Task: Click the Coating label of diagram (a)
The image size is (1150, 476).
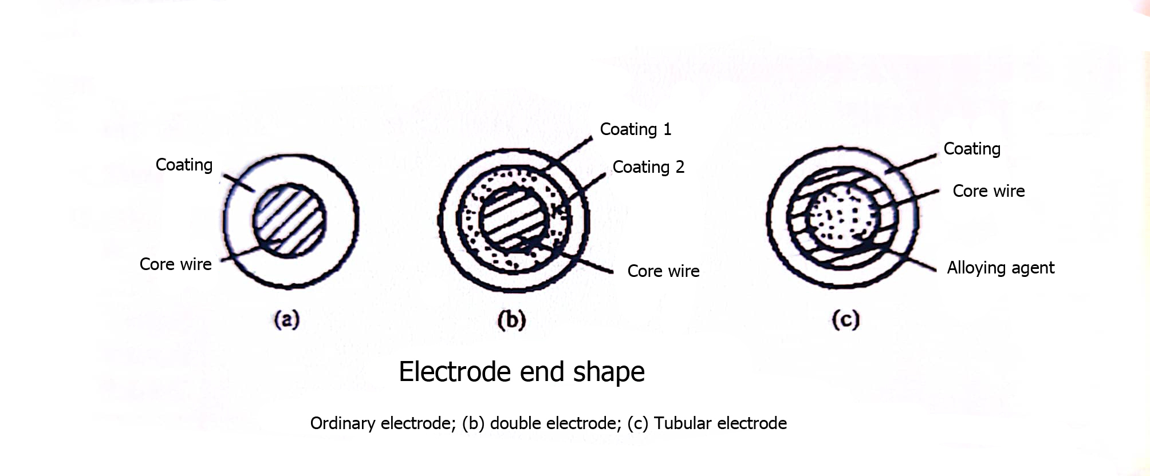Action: (x=184, y=165)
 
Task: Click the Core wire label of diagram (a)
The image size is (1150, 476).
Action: (x=175, y=264)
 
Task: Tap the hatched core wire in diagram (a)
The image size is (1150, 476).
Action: (x=290, y=220)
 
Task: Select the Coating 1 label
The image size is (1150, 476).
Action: (x=635, y=129)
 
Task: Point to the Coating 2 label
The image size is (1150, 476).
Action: (x=648, y=167)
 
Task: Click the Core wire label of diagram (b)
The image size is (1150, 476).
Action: (x=663, y=271)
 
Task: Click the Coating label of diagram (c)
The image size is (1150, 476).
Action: (x=972, y=149)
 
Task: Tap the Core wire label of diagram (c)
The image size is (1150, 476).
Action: (x=988, y=191)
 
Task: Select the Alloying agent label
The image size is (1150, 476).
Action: (x=1000, y=268)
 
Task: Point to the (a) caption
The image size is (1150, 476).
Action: (x=287, y=319)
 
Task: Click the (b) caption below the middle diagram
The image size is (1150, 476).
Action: (x=511, y=320)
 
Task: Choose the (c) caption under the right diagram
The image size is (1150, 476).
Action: (x=845, y=319)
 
